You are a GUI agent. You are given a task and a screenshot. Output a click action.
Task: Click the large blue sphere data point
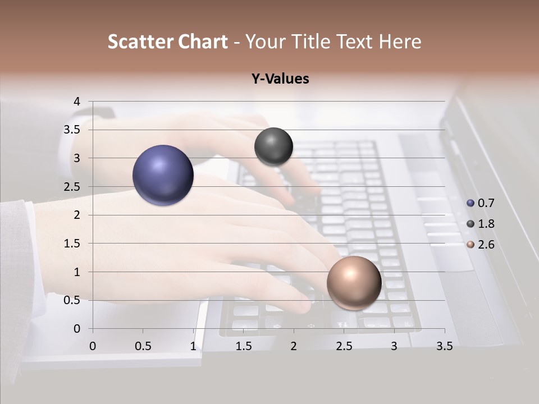(x=163, y=175)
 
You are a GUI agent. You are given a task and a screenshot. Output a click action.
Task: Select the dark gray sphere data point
(x=273, y=146)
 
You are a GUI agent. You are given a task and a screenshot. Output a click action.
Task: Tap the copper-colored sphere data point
(x=354, y=283)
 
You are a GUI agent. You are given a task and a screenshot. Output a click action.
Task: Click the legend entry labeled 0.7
(x=481, y=203)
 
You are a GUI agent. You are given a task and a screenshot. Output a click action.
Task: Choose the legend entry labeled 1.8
(x=481, y=224)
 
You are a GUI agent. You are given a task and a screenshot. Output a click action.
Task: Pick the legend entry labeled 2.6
(x=481, y=245)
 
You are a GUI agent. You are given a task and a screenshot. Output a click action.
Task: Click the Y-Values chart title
(x=280, y=79)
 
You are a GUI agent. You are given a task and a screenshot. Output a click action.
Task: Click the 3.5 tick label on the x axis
(x=444, y=346)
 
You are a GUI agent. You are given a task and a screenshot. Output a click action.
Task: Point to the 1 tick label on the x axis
(x=193, y=346)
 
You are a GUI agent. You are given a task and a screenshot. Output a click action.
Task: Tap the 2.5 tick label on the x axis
(x=344, y=346)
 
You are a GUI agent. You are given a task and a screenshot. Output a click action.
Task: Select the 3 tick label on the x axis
(x=394, y=346)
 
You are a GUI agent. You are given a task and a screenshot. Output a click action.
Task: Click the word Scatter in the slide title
(x=140, y=42)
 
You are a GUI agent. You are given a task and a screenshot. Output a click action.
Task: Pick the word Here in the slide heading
(x=400, y=42)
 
